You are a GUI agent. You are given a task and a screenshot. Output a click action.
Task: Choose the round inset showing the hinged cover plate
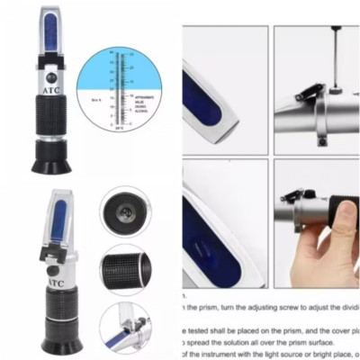pyautogui.click(x=125, y=326)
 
